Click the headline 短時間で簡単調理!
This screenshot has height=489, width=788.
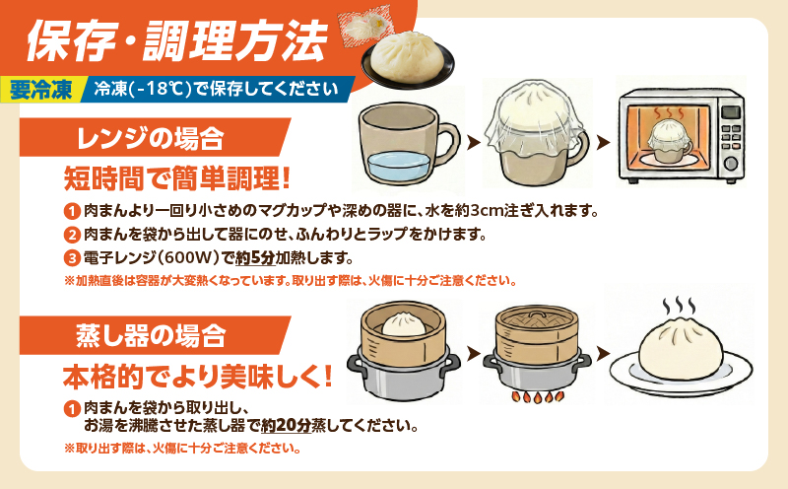click(177, 178)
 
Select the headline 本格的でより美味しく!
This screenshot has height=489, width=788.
click(197, 377)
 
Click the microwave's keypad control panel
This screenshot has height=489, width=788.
click(731, 138)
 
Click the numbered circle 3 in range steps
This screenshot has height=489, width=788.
click(71, 258)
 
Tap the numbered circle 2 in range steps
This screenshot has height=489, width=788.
click(71, 235)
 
